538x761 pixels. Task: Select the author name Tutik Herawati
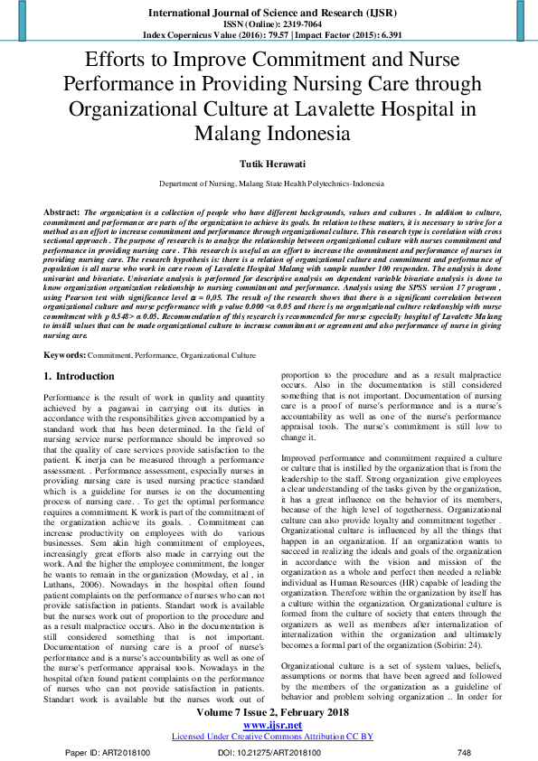(269, 166)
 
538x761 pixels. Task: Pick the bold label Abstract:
(61, 210)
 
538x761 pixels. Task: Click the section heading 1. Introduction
(79, 376)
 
